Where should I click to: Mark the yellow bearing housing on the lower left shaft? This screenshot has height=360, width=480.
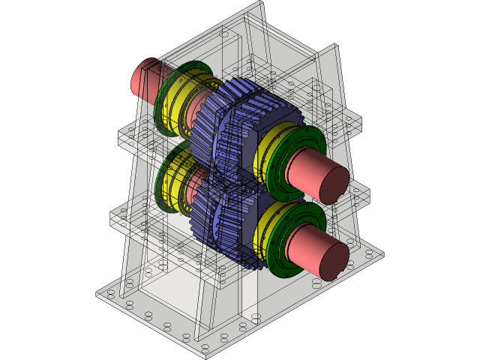coord(176,180)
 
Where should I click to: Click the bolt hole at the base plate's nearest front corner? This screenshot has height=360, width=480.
coord(204,346)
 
